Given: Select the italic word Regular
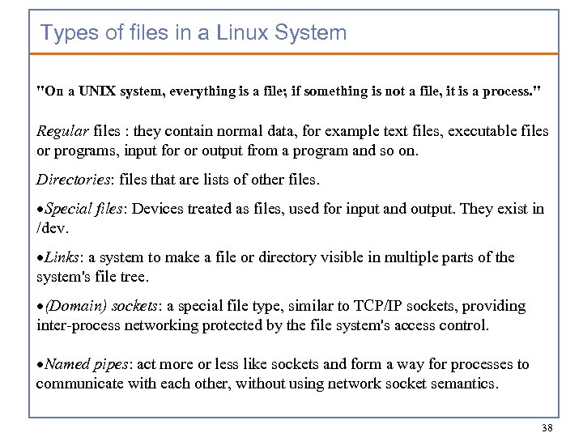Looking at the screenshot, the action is pyautogui.click(x=63, y=131).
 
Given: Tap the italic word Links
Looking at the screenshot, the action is pyautogui.click(x=62, y=257).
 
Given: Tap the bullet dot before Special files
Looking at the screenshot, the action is pyautogui.click(x=40, y=210).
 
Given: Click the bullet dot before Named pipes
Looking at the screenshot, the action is pyautogui.click(x=40, y=365).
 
